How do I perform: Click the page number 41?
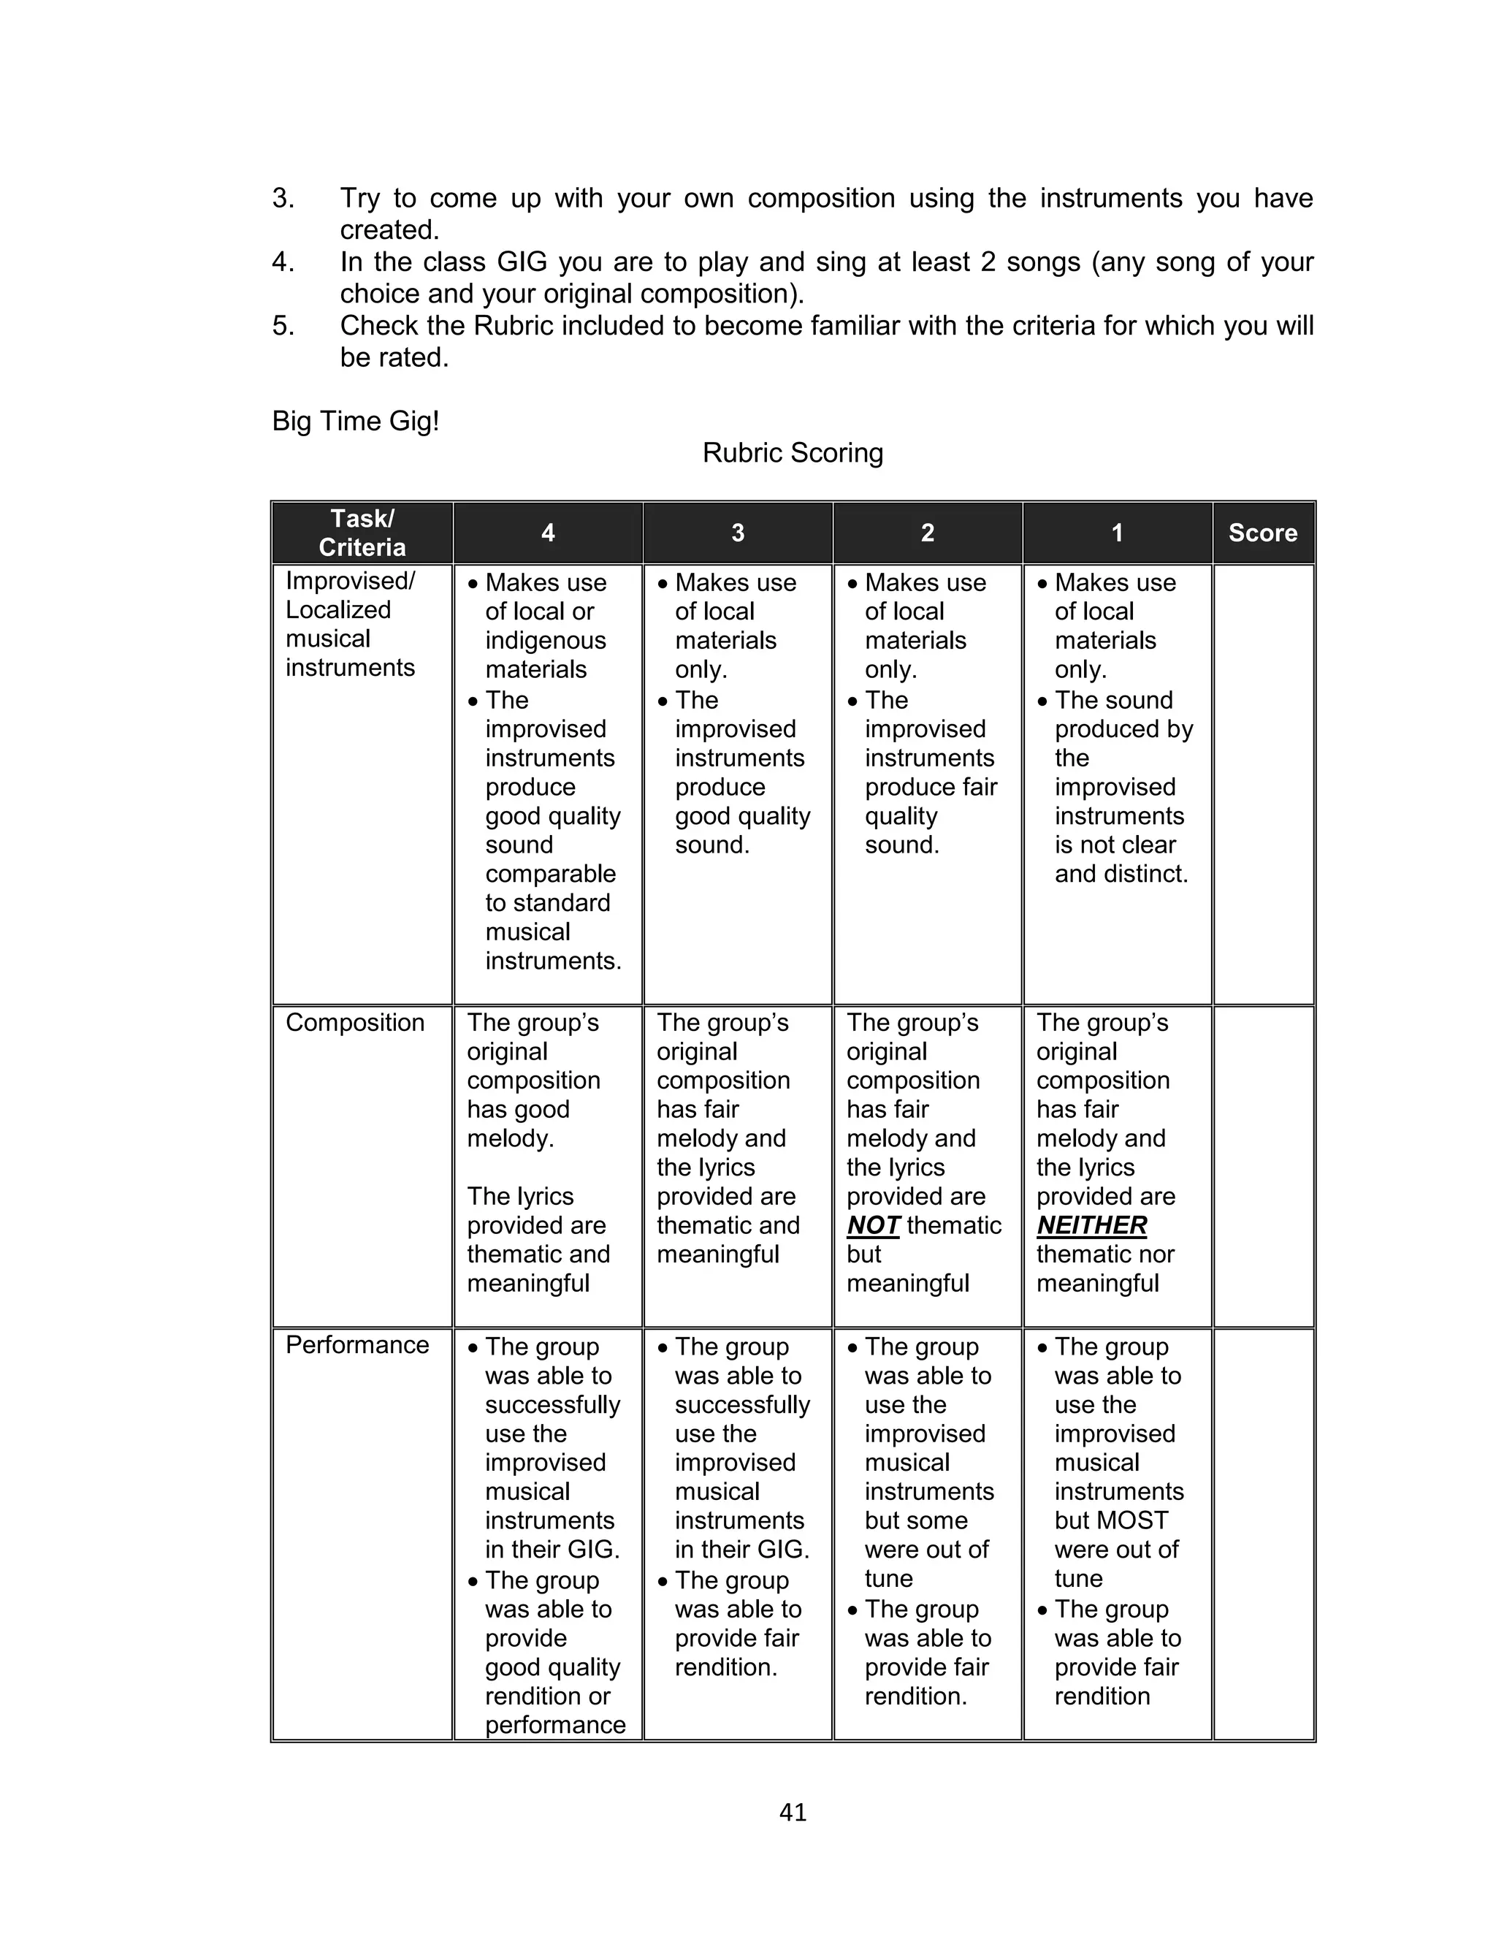click(792, 1812)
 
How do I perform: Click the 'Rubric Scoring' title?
click(792, 453)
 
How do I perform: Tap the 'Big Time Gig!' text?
click(355, 421)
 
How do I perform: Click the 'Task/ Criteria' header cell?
click(362, 533)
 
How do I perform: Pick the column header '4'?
click(548, 533)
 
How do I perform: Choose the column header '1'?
click(1117, 533)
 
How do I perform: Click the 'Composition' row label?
click(354, 1022)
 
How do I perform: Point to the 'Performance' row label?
click(357, 1344)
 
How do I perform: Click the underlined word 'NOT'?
click(873, 1226)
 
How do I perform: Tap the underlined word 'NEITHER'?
click(1092, 1226)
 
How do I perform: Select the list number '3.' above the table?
click(283, 198)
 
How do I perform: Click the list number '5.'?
click(283, 326)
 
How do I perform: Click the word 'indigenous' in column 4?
click(545, 640)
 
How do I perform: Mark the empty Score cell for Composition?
click(1263, 1167)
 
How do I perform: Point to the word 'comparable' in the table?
click(550, 874)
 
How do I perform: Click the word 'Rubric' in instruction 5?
click(514, 326)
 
